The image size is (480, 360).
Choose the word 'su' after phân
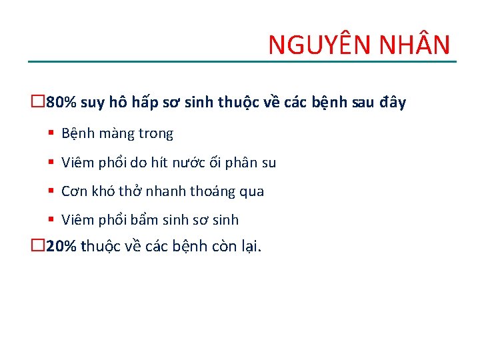[268, 163]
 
